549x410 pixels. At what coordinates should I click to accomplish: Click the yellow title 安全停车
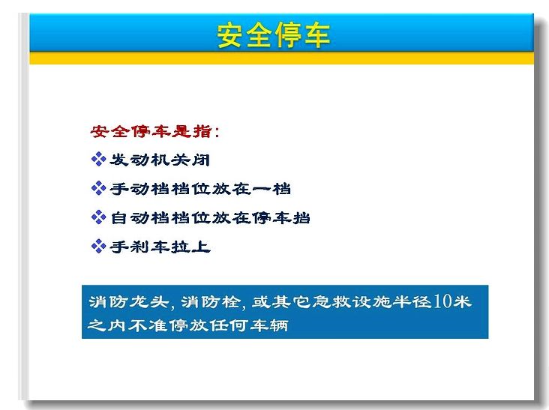click(x=274, y=35)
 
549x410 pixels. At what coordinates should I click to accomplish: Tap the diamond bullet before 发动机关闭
click(x=98, y=159)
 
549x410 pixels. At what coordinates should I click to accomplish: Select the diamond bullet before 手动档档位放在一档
click(x=98, y=188)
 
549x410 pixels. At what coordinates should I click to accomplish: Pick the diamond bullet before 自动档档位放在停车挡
click(x=98, y=217)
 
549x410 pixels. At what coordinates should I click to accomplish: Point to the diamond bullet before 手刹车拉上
click(x=98, y=247)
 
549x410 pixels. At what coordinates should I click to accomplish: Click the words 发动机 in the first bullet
click(x=140, y=160)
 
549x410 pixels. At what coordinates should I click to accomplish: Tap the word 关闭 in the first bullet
click(x=190, y=160)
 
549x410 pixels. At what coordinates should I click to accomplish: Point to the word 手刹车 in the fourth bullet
click(x=140, y=247)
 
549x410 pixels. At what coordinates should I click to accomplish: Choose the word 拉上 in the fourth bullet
click(x=190, y=247)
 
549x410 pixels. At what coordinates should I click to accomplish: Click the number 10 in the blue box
click(x=442, y=301)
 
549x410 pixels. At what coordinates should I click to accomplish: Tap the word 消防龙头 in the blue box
click(x=129, y=301)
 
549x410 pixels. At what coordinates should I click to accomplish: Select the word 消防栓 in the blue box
click(x=211, y=301)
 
